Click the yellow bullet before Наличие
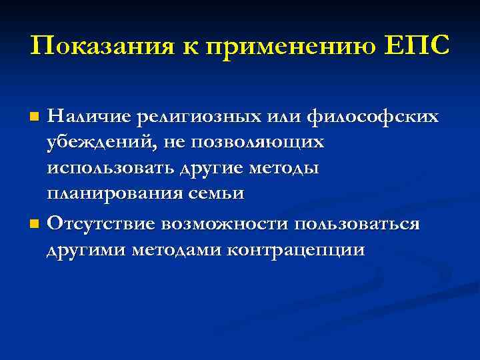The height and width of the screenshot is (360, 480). tap(36, 118)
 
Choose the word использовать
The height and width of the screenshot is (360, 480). tap(111, 169)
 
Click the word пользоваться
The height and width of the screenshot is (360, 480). tap(354, 223)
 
